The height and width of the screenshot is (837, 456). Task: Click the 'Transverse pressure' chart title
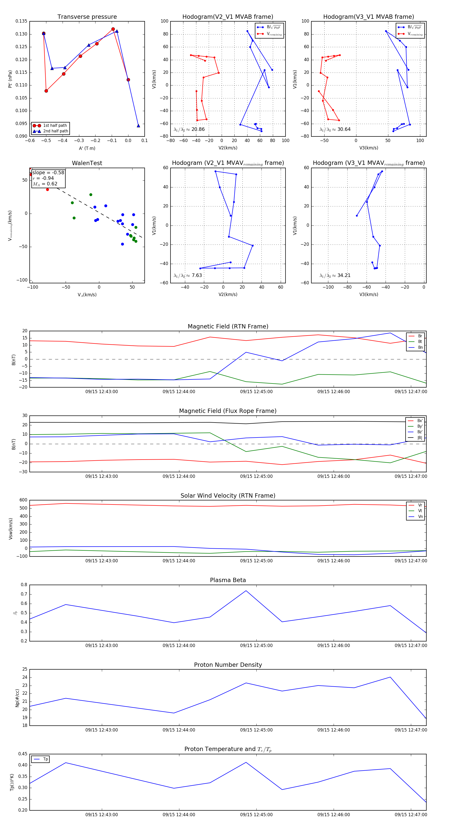[x=87, y=17]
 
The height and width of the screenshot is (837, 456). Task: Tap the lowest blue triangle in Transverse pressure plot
[x=138, y=126]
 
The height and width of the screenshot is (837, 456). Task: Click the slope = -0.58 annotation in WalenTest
[x=48, y=172]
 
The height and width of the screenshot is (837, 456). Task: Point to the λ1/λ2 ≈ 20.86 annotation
[x=189, y=129]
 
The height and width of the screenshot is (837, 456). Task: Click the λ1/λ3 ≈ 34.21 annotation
[x=335, y=275]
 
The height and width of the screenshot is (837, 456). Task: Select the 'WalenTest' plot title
[x=87, y=163]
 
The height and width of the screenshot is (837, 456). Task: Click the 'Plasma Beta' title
[x=228, y=580]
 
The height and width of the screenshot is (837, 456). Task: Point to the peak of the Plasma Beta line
[x=246, y=591]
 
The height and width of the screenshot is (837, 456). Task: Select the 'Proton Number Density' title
[x=228, y=665]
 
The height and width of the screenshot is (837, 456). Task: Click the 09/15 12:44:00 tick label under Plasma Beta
[x=179, y=645]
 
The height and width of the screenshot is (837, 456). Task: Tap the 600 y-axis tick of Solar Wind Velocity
[x=23, y=500]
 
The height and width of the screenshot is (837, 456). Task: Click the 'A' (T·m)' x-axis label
[x=87, y=148]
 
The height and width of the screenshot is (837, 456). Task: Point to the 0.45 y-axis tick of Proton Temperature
[x=23, y=754]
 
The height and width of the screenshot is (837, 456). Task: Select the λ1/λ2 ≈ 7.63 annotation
[x=187, y=275]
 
